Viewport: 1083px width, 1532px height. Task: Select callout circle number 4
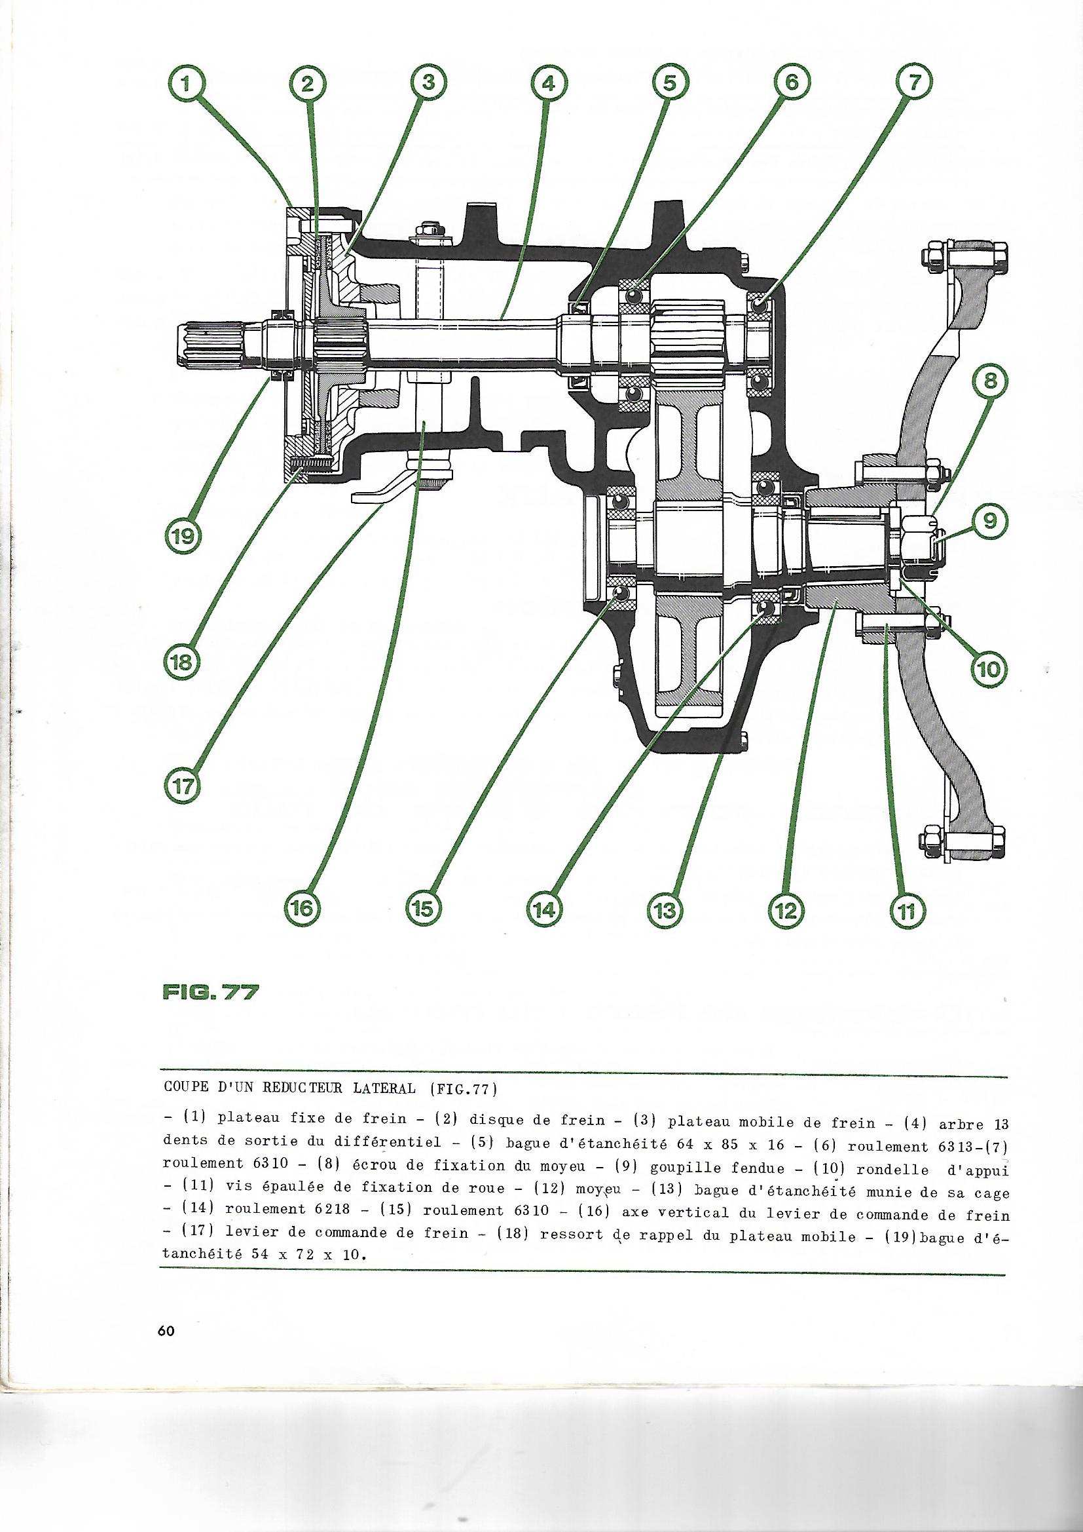coord(549,85)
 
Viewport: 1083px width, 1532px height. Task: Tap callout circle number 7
coord(912,85)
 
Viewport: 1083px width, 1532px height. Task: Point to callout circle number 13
coord(667,908)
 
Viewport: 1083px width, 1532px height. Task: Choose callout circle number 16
coord(304,908)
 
